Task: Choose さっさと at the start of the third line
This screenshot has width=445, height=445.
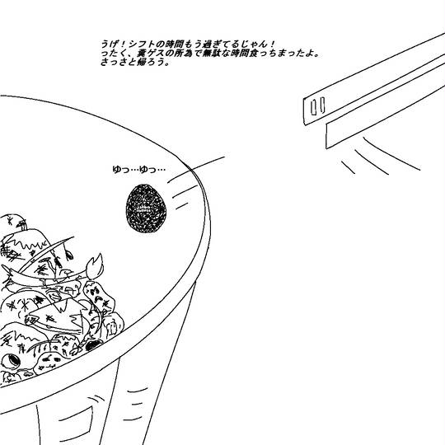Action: click(119, 62)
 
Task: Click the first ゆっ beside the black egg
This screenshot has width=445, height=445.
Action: click(121, 170)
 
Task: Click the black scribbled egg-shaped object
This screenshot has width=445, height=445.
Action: click(146, 208)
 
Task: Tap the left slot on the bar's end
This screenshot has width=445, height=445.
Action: click(314, 107)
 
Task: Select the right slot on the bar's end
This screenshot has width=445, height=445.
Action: click(322, 105)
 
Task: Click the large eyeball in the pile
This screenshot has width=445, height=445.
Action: click(12, 361)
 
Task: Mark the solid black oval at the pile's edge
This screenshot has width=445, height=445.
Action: click(93, 345)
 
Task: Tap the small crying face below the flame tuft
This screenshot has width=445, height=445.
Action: click(99, 297)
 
